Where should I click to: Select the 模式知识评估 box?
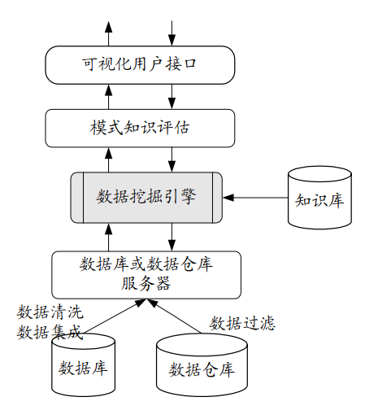tap(139, 129)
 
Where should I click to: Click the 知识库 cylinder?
tap(320, 197)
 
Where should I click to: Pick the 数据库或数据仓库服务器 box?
tap(146, 274)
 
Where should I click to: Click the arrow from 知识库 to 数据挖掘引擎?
tap(256, 197)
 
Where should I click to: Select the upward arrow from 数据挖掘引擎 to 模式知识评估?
tap(109, 159)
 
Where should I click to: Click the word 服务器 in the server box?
tap(146, 284)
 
